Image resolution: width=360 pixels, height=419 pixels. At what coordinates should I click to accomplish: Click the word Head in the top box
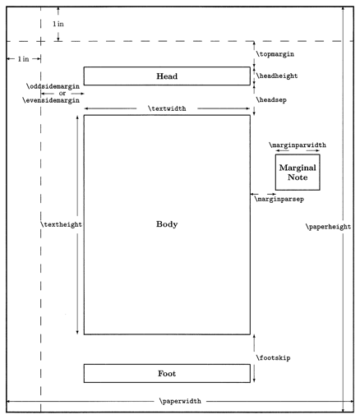[x=167, y=76]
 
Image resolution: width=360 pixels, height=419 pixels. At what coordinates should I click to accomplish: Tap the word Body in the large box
[x=167, y=223]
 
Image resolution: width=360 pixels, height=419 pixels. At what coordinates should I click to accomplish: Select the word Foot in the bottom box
[x=167, y=374]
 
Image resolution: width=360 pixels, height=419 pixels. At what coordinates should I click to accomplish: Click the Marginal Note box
[x=298, y=173]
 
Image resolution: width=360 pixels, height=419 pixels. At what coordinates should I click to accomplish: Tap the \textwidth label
[x=166, y=108]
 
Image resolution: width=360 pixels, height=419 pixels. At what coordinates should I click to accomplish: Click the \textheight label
[x=60, y=223]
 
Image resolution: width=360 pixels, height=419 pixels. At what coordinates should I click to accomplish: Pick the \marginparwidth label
[x=298, y=145]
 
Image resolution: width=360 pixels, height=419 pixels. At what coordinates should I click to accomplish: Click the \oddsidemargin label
[x=55, y=85]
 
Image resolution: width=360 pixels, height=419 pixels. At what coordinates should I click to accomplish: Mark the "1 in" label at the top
[x=58, y=25]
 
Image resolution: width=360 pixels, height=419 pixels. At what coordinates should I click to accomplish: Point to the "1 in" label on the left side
[x=17, y=59]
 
